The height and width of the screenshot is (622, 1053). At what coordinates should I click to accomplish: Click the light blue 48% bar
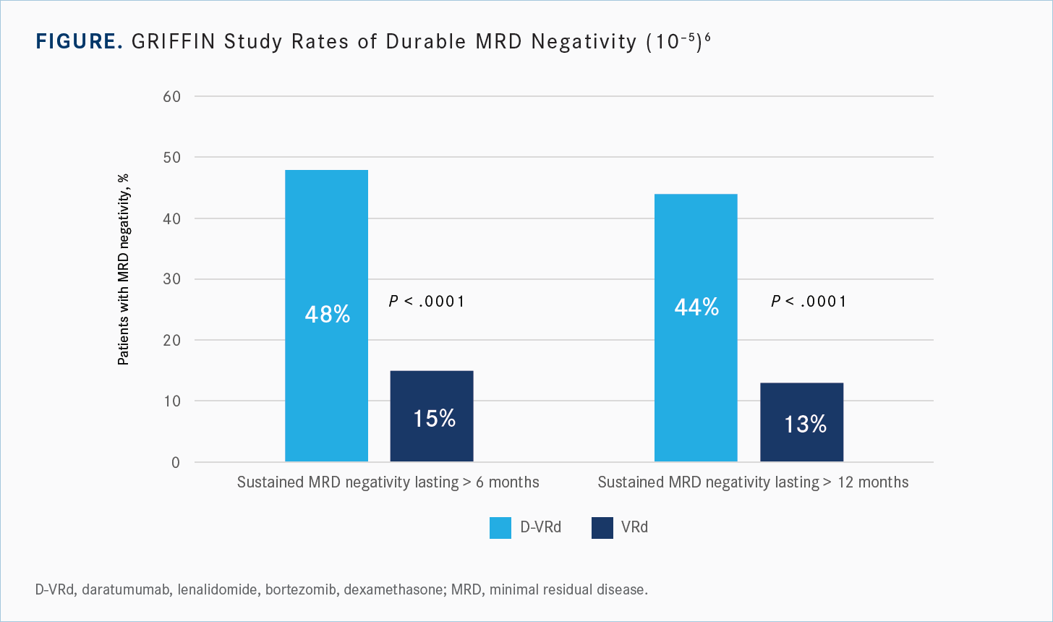pos(326,315)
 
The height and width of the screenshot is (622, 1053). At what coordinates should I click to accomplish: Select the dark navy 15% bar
pos(432,417)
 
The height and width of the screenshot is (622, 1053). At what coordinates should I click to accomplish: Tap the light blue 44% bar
pos(696,327)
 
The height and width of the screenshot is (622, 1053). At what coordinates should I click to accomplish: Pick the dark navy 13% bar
pos(801,422)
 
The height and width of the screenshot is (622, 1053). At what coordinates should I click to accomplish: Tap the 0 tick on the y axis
pos(175,462)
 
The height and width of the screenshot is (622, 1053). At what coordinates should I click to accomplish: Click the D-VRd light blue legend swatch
pos(500,528)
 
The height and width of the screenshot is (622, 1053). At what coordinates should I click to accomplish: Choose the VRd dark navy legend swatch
pos(602,528)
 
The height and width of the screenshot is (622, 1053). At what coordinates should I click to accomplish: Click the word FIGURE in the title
pos(79,42)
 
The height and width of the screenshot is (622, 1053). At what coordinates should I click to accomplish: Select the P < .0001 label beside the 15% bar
pos(427,301)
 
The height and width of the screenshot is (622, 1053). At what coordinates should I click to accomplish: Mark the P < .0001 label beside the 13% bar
pos(809,301)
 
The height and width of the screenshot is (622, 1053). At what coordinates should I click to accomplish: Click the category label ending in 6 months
pos(388,482)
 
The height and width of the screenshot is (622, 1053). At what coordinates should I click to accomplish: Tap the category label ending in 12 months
pos(753,482)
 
